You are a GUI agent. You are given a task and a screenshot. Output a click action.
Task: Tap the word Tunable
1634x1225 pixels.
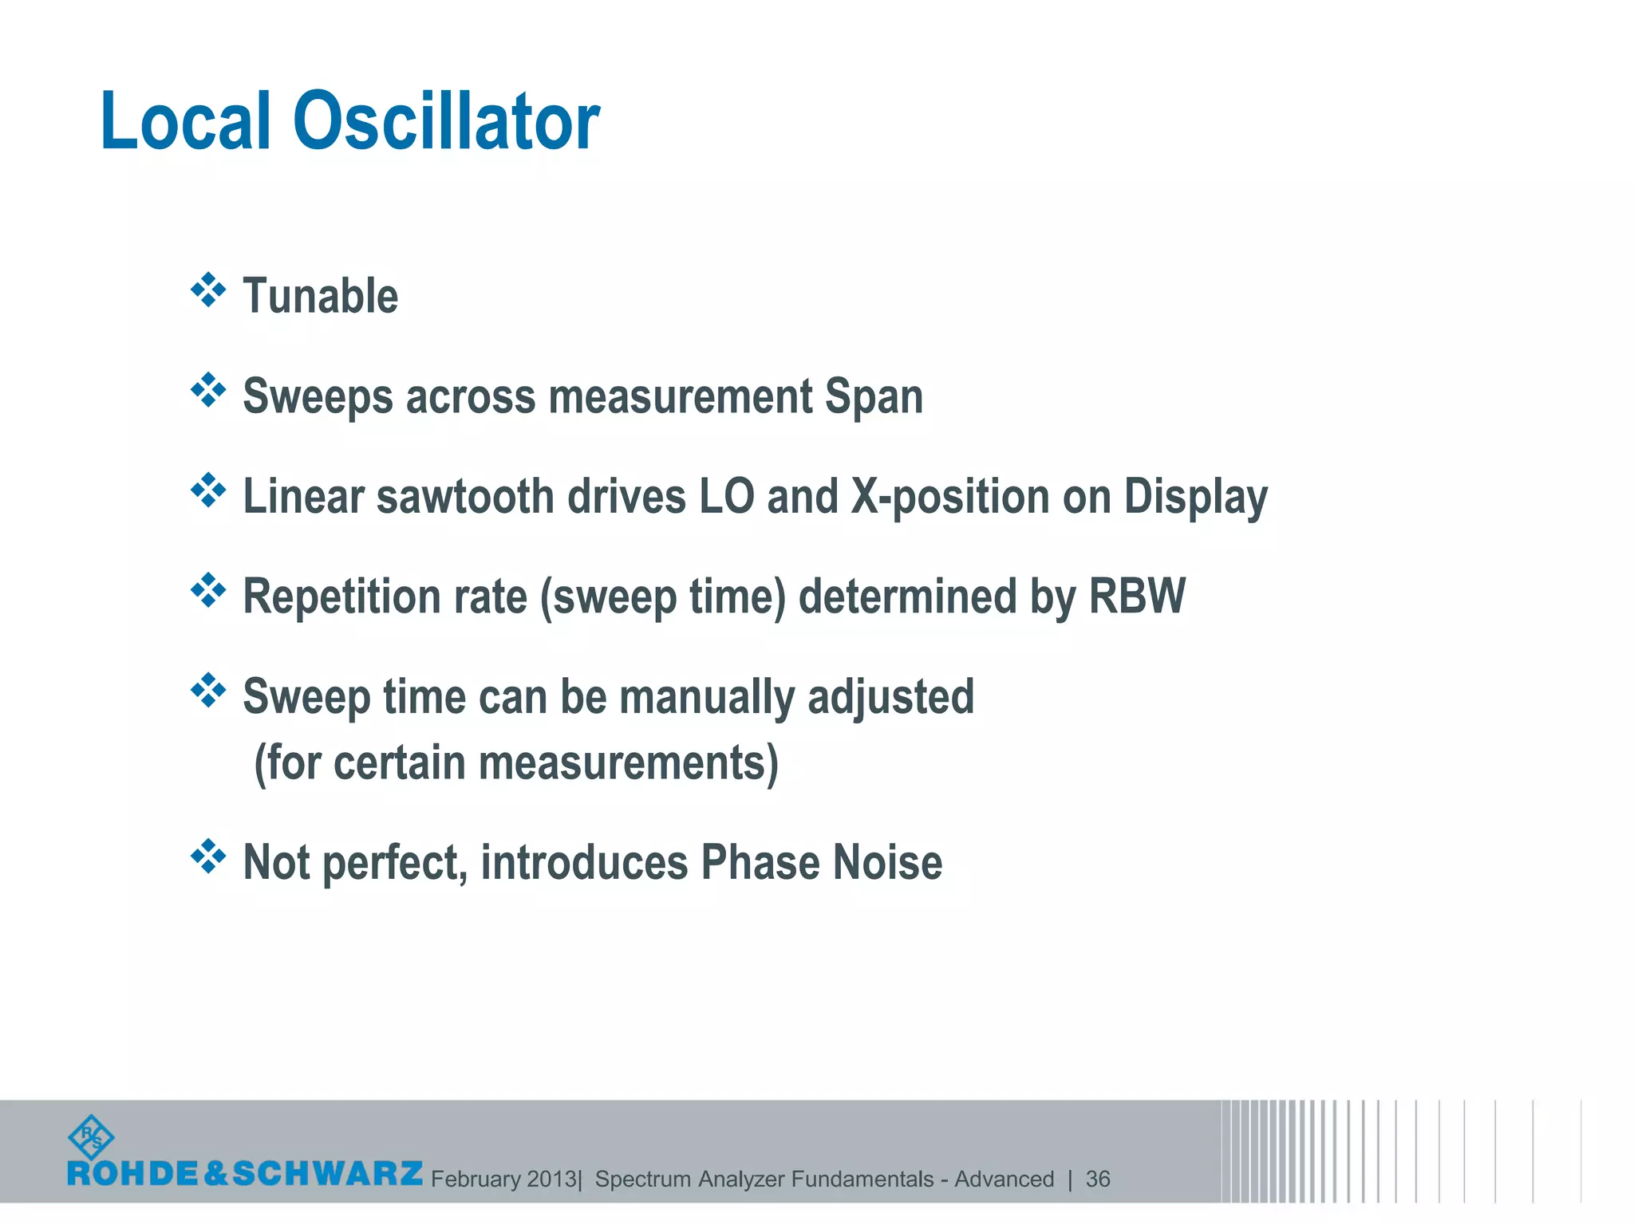coord(320,296)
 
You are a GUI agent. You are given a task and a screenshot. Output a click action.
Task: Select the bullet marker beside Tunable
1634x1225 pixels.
coord(208,290)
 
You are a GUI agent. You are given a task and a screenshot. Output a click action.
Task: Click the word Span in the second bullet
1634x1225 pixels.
coord(874,396)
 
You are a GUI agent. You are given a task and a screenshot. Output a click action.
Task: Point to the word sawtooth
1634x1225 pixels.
coord(465,496)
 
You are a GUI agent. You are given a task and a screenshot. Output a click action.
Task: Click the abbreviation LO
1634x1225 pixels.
coord(726,496)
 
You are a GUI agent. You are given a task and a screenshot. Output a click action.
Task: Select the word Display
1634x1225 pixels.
coord(1195,498)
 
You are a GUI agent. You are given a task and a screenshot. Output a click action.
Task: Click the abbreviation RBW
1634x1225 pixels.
coord(1137,596)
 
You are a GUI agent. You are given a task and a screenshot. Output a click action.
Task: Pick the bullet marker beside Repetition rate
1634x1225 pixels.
coord(208,591)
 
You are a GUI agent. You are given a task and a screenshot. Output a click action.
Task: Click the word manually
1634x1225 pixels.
coord(706,697)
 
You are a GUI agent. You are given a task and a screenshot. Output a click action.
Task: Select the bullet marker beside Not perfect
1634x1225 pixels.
coord(208,857)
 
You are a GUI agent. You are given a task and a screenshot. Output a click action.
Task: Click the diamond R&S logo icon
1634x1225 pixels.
coord(92,1137)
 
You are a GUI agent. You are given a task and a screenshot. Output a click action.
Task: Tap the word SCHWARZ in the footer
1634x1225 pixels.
coord(327,1173)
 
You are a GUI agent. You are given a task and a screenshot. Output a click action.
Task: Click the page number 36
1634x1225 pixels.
coord(1098,1179)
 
